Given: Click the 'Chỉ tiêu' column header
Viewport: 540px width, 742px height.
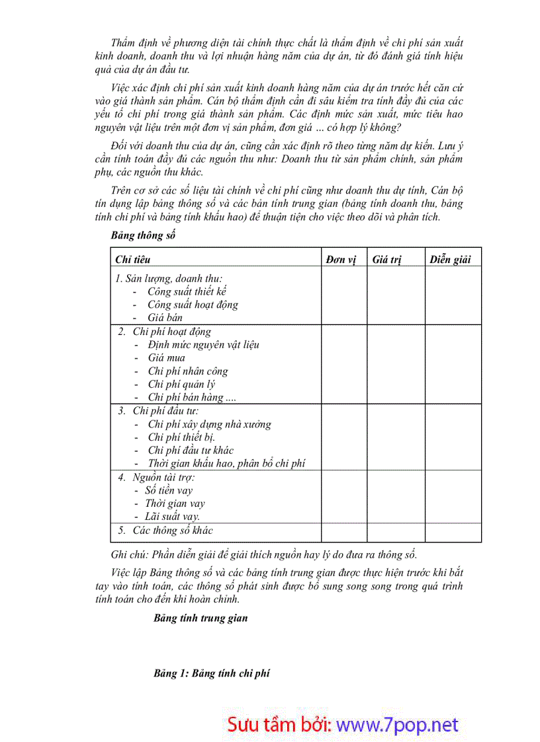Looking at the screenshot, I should [x=133, y=260].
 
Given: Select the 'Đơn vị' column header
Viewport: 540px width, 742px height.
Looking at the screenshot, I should [x=341, y=260].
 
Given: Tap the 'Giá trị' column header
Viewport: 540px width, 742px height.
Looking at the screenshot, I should [x=387, y=260].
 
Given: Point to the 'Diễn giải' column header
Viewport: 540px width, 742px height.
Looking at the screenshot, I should [x=450, y=260].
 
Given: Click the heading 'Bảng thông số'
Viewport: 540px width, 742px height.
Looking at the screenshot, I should [x=143, y=235].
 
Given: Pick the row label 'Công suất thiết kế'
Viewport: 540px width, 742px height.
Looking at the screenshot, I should [x=187, y=291].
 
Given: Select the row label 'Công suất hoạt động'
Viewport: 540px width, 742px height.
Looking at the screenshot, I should [x=193, y=305].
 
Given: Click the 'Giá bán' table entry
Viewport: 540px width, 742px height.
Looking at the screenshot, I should [x=165, y=318].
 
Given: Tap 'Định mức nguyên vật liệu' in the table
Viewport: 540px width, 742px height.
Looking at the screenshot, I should [x=204, y=345].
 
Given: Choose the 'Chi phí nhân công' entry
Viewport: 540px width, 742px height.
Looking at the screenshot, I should [x=188, y=371].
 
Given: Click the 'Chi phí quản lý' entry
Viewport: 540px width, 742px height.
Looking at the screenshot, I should [x=181, y=385].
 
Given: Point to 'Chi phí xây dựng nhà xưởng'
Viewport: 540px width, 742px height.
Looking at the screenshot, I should [x=209, y=424].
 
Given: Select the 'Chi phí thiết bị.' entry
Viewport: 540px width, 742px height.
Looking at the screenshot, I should [x=181, y=437].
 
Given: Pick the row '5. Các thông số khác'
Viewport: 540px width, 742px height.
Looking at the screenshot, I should [x=165, y=531].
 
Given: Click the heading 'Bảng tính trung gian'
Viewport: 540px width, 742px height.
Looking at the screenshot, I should [x=201, y=618].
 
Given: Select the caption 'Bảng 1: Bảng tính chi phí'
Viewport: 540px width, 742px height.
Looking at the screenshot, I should [x=212, y=673].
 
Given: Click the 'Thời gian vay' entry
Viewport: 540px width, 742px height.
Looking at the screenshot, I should [x=175, y=503].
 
